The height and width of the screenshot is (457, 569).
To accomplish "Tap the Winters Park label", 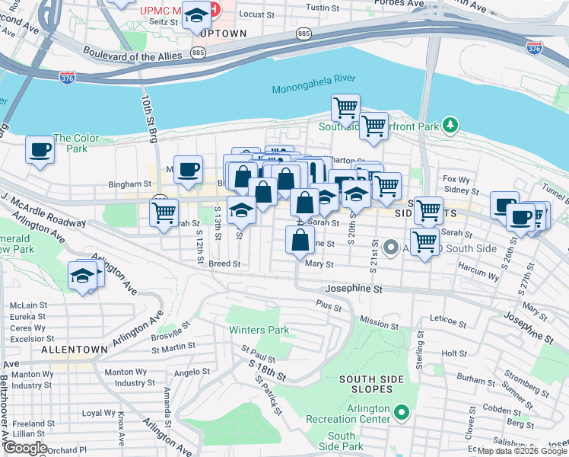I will coord(259,331).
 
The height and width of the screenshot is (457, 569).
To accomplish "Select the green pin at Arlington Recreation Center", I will coord(402,414).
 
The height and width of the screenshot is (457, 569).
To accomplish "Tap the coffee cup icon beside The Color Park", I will coord(40,149).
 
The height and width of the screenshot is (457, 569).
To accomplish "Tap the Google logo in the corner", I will coord(24,448).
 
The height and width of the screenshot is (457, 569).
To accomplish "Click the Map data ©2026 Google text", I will coord(522,451).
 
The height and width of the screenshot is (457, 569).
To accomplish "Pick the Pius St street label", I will coord(329,304).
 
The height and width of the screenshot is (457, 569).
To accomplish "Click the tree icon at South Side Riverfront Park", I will coord(450,123).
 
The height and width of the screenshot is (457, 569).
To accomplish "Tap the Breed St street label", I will coord(224,264).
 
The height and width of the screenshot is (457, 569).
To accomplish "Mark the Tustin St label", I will coord(322,8).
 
